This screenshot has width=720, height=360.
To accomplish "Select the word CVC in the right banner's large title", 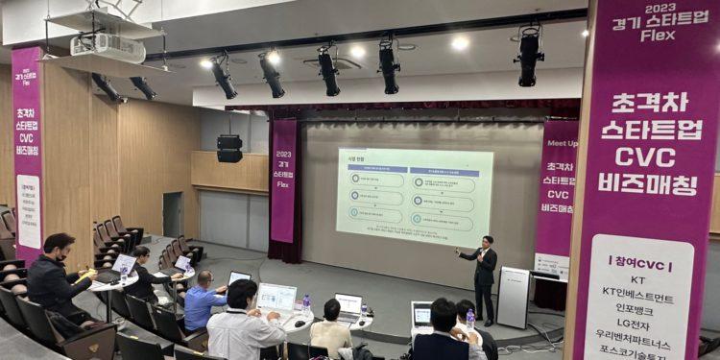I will pyautogui.click(x=645, y=156).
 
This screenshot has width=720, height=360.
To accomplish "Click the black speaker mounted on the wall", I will pyautogui.click(x=229, y=148).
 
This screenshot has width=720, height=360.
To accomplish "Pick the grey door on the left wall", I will pyautogui.click(x=172, y=214).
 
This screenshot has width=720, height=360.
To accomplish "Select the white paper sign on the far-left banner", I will pyautogui.click(x=28, y=210).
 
